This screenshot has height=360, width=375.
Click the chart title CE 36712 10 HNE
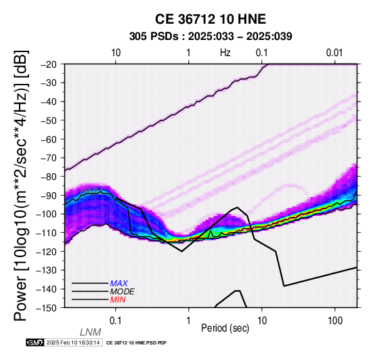click(211, 19)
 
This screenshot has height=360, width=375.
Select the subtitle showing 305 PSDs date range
click(211, 37)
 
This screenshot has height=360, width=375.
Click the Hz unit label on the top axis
click(225, 53)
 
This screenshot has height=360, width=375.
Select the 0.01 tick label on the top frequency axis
click(334, 53)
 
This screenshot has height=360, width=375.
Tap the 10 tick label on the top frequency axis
click(116, 53)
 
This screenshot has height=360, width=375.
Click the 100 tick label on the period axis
click(335, 320)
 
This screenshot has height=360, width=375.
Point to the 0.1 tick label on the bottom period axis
click(115, 320)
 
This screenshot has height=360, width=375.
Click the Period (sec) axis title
click(225, 328)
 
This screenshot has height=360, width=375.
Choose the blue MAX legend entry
click(119, 284)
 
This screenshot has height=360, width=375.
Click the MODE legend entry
click(123, 292)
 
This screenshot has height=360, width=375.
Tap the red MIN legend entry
click(118, 300)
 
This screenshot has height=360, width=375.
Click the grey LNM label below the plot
click(91, 332)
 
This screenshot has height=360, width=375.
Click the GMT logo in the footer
click(35, 342)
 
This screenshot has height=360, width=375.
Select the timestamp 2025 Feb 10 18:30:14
click(73, 342)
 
